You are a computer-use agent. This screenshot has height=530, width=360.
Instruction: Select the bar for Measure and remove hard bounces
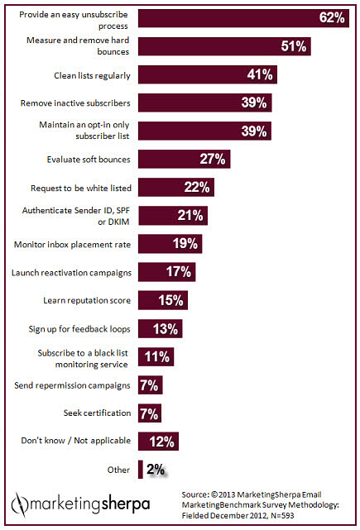click(224, 46)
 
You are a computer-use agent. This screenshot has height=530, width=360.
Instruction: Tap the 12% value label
click(162, 441)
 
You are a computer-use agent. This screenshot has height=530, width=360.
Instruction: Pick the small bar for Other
click(141, 469)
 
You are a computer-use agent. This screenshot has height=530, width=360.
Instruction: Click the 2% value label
click(156, 470)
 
